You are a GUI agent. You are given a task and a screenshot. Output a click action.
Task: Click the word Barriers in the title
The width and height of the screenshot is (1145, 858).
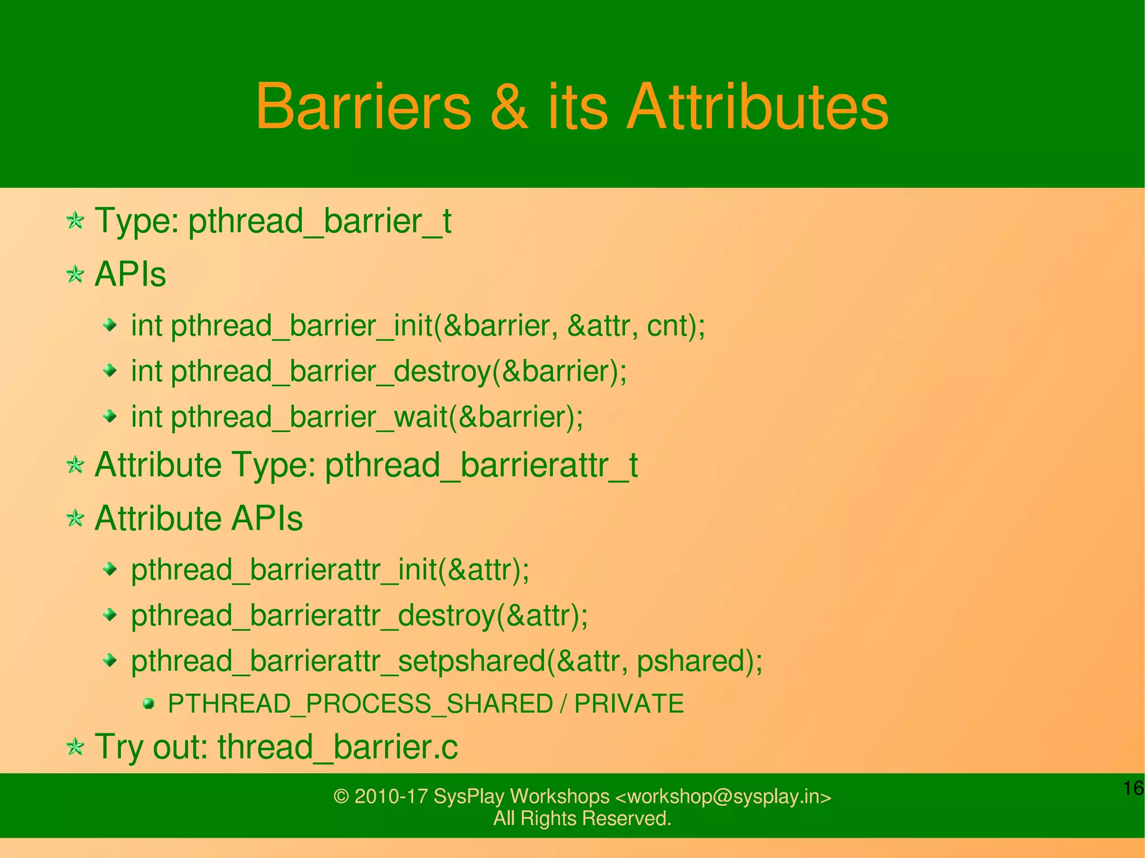[363, 106]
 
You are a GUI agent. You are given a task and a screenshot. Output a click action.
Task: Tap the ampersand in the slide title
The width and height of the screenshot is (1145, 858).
[509, 106]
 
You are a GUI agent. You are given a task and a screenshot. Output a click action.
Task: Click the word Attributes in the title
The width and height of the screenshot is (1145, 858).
[758, 106]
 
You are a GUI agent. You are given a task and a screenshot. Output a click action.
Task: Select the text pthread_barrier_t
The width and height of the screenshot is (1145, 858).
[319, 221]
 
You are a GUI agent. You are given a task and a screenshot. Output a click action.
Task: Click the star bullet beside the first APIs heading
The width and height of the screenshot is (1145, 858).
[75, 274]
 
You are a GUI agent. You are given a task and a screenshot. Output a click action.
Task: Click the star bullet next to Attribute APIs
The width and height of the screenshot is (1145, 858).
[75, 518]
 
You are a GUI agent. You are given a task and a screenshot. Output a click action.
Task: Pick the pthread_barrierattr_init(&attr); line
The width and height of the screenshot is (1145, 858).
[330, 570]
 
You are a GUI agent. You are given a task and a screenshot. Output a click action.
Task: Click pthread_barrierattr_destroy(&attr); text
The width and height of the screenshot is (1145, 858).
[359, 615]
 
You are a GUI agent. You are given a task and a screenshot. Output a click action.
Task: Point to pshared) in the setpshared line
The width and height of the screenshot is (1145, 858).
[699, 661]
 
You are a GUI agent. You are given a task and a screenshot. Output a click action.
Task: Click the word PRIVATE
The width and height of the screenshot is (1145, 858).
[629, 704]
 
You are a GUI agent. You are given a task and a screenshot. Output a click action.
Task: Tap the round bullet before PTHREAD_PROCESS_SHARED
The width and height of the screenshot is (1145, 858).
[148, 703]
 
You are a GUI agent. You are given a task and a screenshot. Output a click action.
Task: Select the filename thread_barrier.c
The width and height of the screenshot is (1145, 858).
[338, 747]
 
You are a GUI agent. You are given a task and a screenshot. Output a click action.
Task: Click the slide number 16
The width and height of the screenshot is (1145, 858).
[1133, 788]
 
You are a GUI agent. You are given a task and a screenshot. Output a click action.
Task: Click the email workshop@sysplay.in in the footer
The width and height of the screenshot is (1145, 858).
[723, 797]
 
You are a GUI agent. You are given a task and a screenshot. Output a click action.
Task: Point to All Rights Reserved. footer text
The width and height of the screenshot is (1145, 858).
[582, 818]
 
